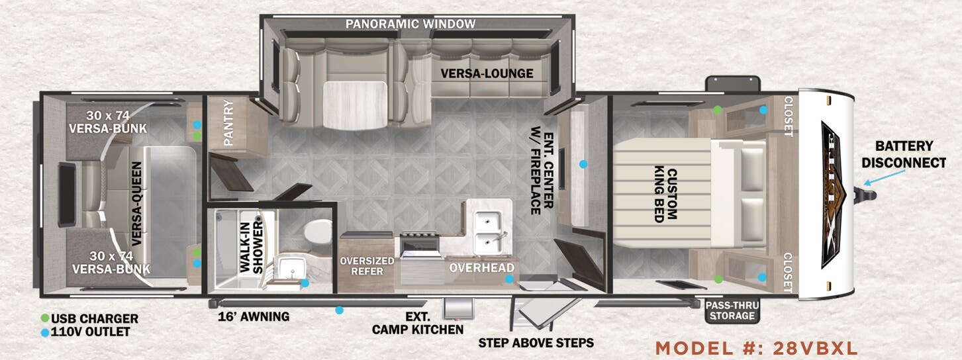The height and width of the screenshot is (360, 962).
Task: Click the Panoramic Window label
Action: [x=410, y=24]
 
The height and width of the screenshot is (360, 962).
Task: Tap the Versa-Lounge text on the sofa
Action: [x=487, y=73]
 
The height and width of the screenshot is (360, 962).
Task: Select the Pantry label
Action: [x=228, y=122]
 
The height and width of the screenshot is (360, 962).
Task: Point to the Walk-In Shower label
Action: [x=251, y=247]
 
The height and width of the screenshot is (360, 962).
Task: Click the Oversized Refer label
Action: [x=367, y=266]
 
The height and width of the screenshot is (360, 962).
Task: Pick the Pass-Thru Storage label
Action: [x=732, y=310]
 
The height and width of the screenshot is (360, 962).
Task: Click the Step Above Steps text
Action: [x=536, y=343]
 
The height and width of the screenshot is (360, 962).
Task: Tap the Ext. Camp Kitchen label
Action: [x=418, y=323]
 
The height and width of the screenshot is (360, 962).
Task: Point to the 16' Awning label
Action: [x=254, y=317]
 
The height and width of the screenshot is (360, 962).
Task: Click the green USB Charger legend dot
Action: [x=44, y=318]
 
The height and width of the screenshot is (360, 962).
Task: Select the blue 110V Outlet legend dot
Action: [x=44, y=332]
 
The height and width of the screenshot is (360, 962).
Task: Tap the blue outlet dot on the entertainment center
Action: [x=583, y=164]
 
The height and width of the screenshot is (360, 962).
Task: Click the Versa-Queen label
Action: [x=136, y=203]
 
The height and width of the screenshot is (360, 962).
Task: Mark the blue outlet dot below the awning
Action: [x=339, y=310]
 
